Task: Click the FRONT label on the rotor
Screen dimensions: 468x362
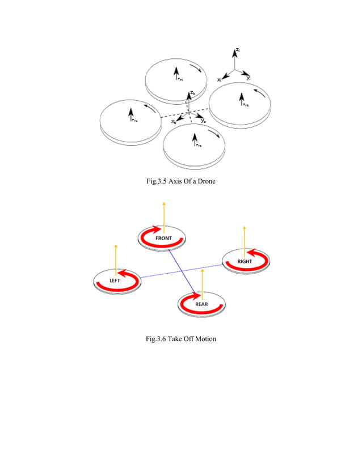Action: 163,238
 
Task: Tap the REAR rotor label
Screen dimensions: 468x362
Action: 202,304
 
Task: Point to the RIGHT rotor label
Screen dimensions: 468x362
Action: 245,261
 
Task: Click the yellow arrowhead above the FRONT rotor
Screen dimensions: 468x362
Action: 163,203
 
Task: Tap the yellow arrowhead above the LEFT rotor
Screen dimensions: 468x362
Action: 116,246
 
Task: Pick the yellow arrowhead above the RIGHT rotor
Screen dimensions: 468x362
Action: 244,227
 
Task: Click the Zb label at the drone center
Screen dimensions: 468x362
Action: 193,92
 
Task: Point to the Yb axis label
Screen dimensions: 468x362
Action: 204,121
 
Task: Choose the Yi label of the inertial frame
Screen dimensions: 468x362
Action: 249,78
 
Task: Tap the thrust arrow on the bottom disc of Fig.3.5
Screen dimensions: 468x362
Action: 195,139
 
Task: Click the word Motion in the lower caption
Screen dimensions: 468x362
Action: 203,339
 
